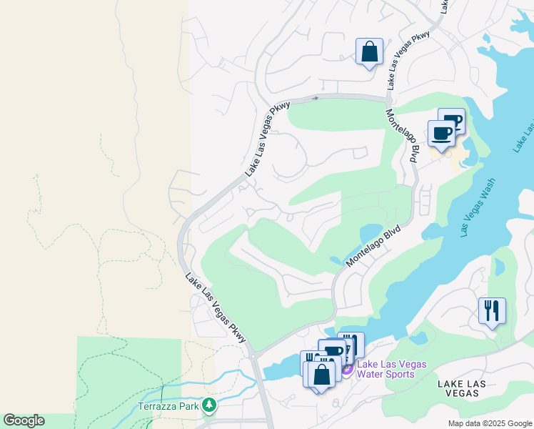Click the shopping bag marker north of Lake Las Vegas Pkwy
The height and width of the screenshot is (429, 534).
pos(369,52)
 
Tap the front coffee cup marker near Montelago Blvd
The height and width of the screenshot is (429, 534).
pos(441,134)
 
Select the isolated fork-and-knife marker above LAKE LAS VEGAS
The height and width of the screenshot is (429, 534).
pos(492,311)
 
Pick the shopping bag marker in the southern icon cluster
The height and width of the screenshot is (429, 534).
pos(322,374)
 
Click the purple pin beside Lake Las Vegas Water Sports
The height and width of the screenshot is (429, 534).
pos(347,369)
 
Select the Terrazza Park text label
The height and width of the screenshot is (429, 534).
pos(168,407)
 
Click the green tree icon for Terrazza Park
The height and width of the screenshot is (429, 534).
pos(208,406)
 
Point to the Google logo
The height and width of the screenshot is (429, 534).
pos(24,420)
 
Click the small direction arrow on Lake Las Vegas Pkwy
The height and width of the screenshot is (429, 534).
pos(314,98)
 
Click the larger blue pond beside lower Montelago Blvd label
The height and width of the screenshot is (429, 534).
pos(371,232)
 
